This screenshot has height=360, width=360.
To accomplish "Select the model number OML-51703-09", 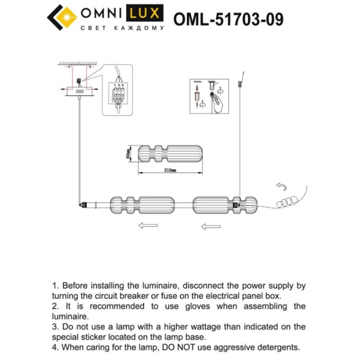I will tap(228, 19).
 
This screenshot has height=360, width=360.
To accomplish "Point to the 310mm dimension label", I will tap(170, 170).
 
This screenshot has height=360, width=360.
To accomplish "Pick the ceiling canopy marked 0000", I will tap(80, 92).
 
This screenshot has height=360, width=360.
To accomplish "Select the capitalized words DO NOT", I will tap(209, 348).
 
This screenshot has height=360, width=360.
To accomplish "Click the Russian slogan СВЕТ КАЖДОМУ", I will tap(122, 28).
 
